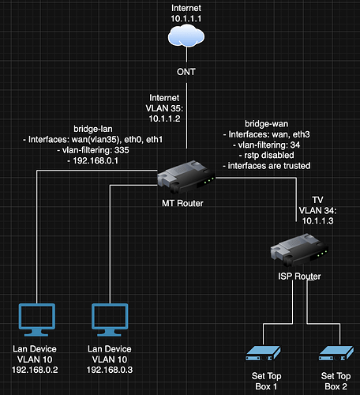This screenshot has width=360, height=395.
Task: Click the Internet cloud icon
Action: click(186, 36)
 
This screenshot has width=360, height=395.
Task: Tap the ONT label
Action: click(186, 72)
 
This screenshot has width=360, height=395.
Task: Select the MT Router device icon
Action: click(186, 177)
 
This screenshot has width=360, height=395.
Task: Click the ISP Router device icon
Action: click(299, 250)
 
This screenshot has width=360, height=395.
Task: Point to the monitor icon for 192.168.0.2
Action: click(37, 320)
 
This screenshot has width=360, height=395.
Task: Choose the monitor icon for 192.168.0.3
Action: click(110, 320)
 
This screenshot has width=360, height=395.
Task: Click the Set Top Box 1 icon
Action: click(263, 353)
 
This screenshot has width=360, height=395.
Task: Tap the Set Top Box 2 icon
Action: click(336, 353)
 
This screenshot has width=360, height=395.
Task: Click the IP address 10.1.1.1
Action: click(186, 19)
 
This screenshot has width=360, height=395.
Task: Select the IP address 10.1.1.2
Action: click(165, 118)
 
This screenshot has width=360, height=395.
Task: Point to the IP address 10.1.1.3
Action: click(317, 220)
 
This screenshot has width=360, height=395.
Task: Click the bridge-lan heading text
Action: click(93, 129)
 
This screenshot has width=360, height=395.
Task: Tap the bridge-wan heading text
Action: click(266, 124)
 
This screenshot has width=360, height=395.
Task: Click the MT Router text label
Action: click(182, 203)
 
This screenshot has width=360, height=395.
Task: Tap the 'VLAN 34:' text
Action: click(317, 210)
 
